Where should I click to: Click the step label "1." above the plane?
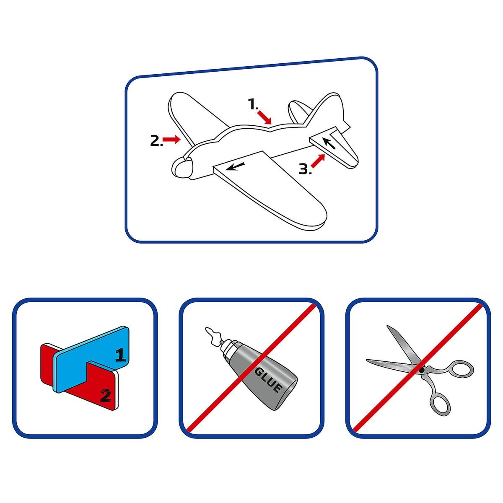[253, 104]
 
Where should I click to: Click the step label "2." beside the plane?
[156, 141]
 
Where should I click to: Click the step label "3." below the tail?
[305, 169]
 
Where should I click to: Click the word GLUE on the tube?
[268, 379]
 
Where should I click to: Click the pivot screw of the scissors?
[422, 369]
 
